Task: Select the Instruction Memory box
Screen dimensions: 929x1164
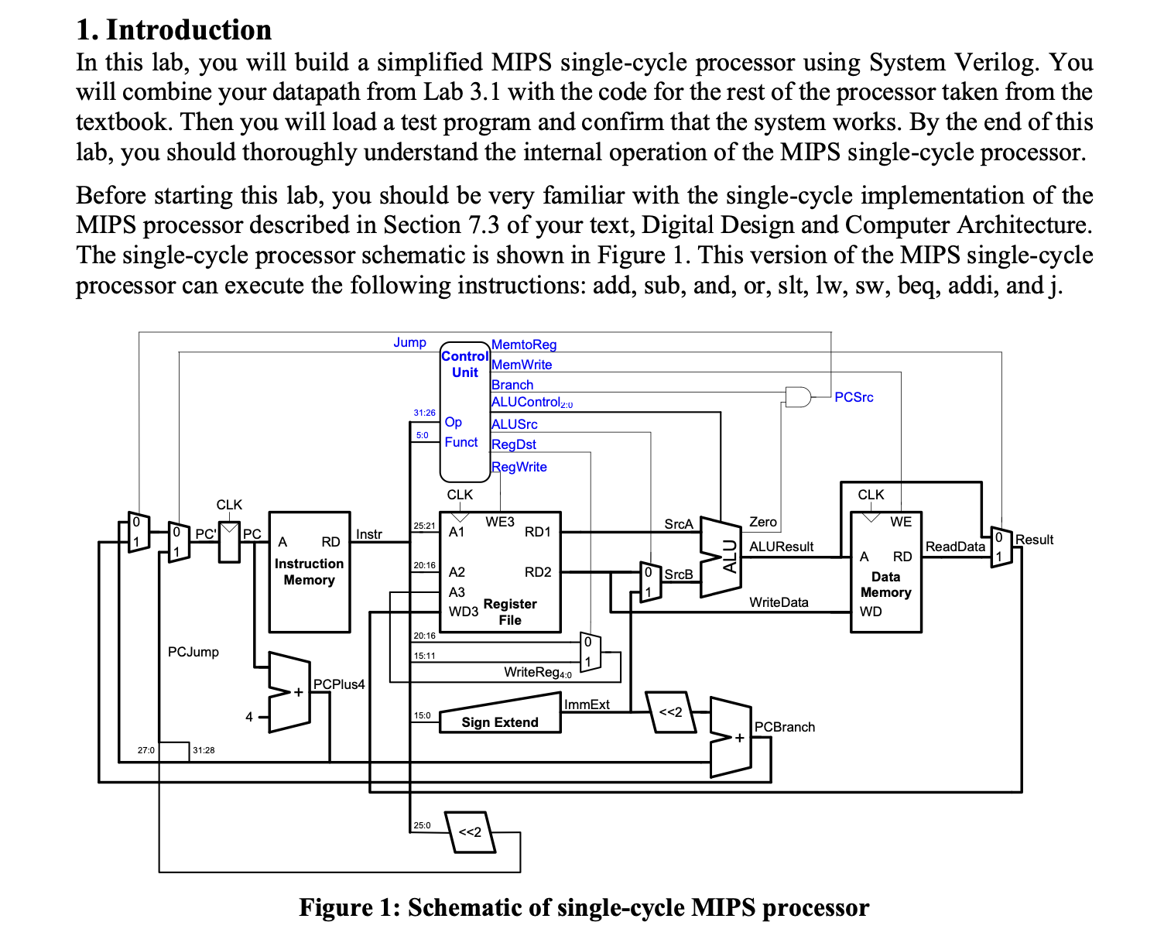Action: (x=309, y=572)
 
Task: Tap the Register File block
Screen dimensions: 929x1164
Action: (x=501, y=572)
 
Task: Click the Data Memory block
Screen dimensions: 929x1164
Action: (x=885, y=573)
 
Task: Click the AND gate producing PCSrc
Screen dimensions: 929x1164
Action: (x=797, y=397)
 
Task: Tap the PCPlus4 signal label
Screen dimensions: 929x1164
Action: (x=338, y=684)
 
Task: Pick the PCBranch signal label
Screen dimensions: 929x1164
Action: (x=784, y=727)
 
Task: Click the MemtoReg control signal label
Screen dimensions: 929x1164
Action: (x=524, y=345)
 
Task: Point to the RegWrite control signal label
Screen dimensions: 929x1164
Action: (x=519, y=467)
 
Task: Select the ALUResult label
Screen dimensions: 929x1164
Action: (x=781, y=547)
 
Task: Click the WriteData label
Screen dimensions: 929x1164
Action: (x=779, y=602)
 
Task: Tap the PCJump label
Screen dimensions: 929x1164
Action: (x=193, y=652)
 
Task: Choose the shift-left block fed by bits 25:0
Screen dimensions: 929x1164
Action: (x=470, y=832)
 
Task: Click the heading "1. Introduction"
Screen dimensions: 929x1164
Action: (x=174, y=29)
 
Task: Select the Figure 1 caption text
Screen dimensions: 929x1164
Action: (x=584, y=907)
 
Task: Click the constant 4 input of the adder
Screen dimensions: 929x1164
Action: (x=249, y=717)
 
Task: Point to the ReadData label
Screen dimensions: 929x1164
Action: (x=955, y=547)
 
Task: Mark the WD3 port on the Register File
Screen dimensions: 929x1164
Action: (x=464, y=612)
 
